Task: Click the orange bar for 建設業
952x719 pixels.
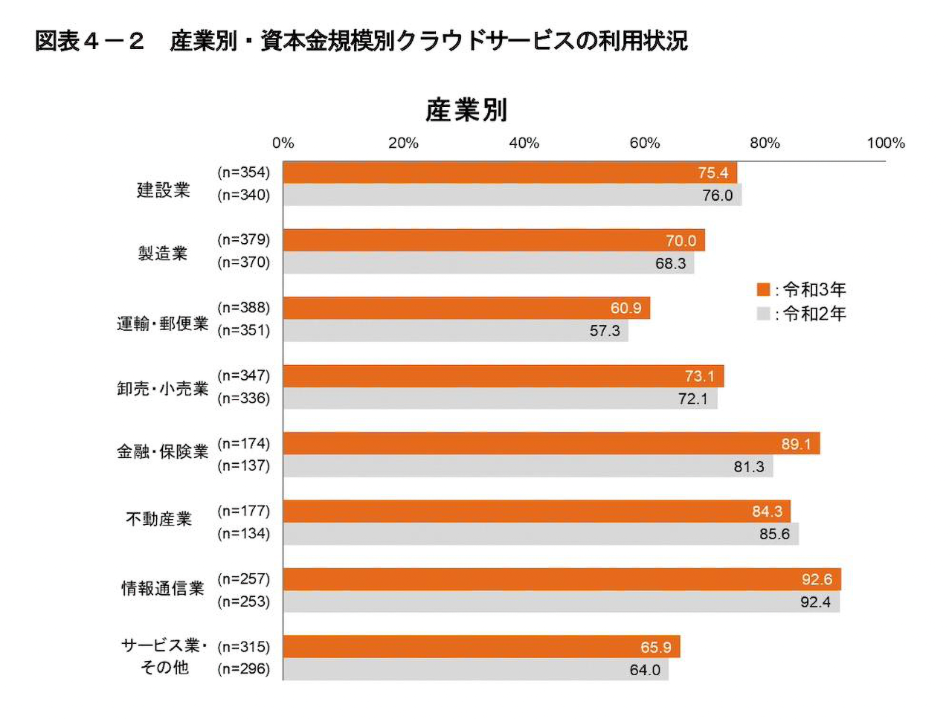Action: [509, 173]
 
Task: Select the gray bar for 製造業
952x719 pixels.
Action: [488, 263]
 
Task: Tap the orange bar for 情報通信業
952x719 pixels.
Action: [562, 579]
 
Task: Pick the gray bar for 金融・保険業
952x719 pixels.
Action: [527, 466]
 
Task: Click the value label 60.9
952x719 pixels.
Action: [625, 308]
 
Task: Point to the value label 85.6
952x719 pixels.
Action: [774, 534]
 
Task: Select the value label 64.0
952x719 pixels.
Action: [645, 670]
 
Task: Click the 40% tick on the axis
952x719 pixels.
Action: [524, 143]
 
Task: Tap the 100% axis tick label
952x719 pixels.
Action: [885, 143]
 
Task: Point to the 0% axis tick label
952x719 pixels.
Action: [283, 143]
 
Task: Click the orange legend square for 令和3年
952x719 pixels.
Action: [763, 289]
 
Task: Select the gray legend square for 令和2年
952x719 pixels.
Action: [763, 314]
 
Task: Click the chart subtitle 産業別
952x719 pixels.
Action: [466, 110]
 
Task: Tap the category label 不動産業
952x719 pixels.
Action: [159, 519]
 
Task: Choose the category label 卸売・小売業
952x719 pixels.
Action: [163, 389]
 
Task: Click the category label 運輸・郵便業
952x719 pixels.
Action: [163, 323]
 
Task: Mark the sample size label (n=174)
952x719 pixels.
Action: [243, 444]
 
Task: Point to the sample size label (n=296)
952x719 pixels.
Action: [243, 669]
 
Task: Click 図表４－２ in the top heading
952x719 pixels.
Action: [89, 41]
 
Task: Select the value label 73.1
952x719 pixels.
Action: [699, 376]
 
